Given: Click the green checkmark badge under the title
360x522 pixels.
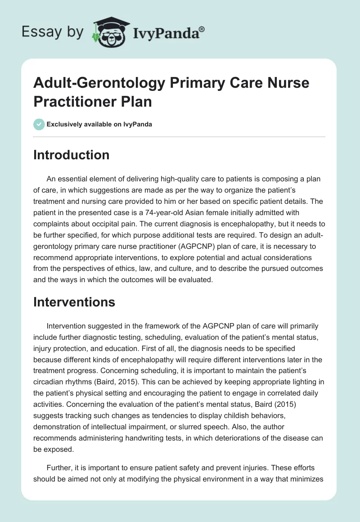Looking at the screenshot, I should point(39,125).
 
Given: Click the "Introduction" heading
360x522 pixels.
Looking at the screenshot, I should point(71,155).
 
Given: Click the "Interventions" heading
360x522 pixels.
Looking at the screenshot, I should point(74,302).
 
